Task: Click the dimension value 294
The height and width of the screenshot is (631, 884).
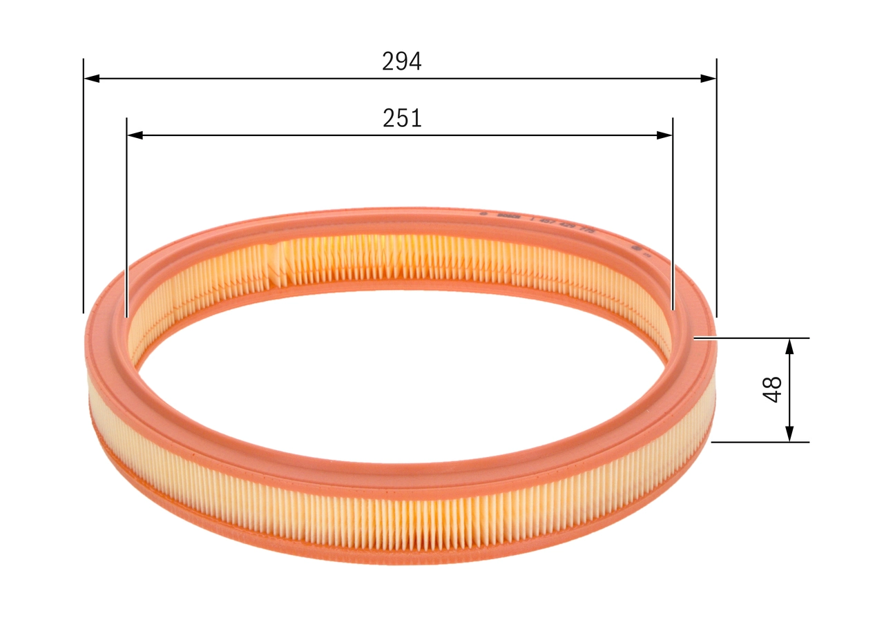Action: tap(401, 62)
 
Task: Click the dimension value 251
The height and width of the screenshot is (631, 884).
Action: tap(402, 119)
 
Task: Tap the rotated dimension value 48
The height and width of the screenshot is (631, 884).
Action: tap(773, 389)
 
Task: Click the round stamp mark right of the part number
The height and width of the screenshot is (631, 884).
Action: tap(635, 246)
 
